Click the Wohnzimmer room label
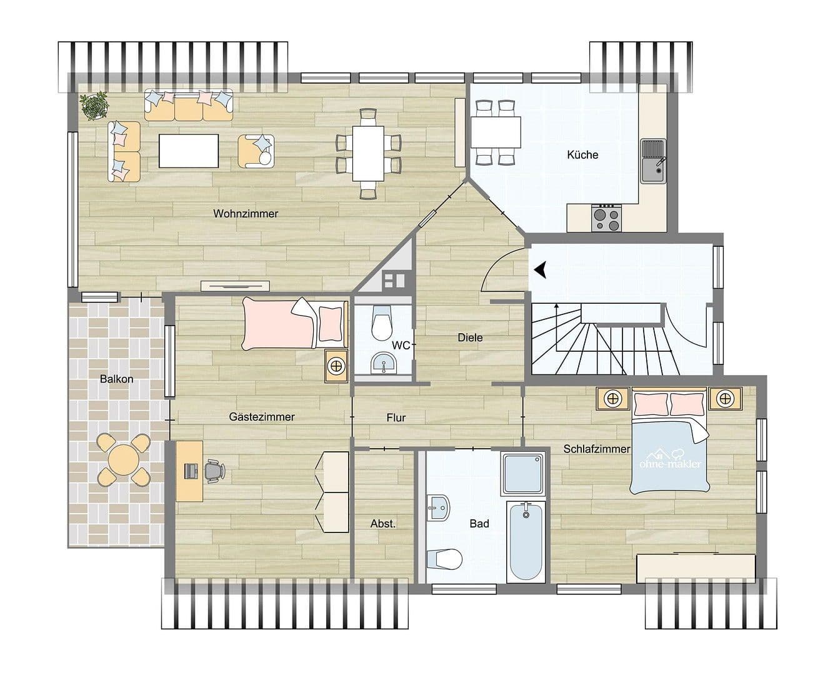click(x=245, y=214)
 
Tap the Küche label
click(x=582, y=154)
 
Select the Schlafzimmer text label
click(x=596, y=449)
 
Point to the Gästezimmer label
click(x=261, y=417)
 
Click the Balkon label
click(x=116, y=379)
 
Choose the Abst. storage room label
click(x=382, y=524)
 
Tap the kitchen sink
click(x=654, y=161)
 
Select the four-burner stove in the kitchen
click(x=606, y=218)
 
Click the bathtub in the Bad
click(x=526, y=541)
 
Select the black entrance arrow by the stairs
click(x=540, y=269)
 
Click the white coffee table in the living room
click(x=189, y=151)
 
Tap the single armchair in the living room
click(x=256, y=151)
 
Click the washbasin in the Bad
click(x=439, y=507)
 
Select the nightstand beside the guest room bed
click(x=336, y=365)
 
